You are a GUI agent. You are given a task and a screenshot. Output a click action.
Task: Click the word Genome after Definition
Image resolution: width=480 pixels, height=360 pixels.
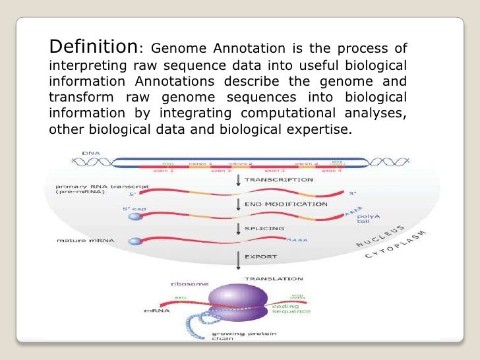175,50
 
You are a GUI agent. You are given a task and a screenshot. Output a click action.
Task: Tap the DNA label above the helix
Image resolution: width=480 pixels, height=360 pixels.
91,153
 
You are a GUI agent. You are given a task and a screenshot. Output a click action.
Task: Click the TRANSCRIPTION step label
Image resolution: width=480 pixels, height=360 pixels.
279,179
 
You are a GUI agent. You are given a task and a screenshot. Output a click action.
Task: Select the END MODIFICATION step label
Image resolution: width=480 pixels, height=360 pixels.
285,204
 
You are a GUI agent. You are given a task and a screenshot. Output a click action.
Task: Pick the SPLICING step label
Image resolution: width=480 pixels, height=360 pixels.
264,228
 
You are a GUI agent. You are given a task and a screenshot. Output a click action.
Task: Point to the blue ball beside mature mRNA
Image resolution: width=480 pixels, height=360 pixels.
135,242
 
